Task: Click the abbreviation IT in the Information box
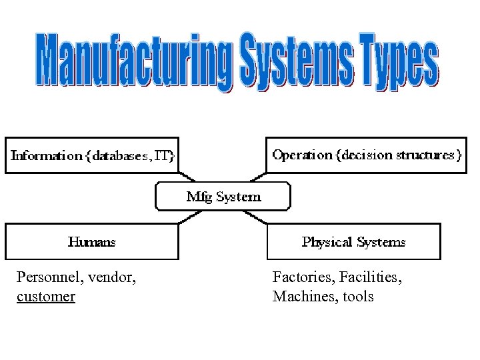coord(163,156)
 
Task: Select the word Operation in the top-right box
coord(302,155)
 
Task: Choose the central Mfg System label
coord(223,197)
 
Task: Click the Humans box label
coord(91,242)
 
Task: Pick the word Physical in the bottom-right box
coord(326,242)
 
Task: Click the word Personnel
coord(46,276)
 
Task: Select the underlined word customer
coord(45,296)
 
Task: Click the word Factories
coord(301,276)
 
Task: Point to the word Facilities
coord(369,276)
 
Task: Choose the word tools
coord(359,296)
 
